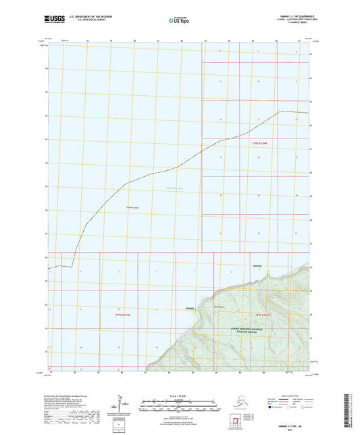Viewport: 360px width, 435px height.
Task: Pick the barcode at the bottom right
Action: click(352, 408)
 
